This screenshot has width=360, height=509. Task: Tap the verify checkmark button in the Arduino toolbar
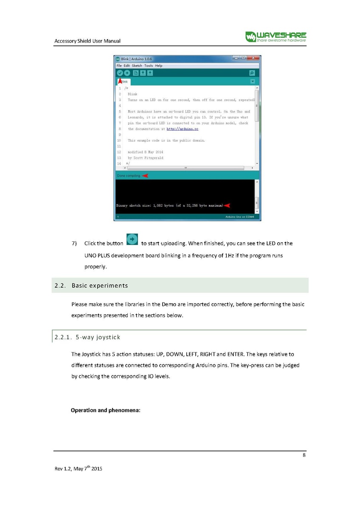(120, 73)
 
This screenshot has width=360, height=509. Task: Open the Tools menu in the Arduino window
(148, 66)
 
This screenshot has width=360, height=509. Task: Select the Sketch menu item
(137, 66)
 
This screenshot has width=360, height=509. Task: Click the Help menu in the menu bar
(158, 66)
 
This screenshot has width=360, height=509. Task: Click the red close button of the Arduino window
(253, 58)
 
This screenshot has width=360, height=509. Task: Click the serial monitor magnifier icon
(252, 73)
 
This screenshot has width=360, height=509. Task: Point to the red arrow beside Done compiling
(145, 176)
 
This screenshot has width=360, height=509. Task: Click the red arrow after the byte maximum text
(227, 205)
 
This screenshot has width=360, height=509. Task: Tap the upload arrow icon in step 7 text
(132, 240)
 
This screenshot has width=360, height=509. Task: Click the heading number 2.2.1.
(63, 338)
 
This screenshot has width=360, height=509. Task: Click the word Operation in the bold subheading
(84, 410)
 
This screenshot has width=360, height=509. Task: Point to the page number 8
(304, 456)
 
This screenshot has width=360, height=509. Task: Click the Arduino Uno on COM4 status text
(239, 217)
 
